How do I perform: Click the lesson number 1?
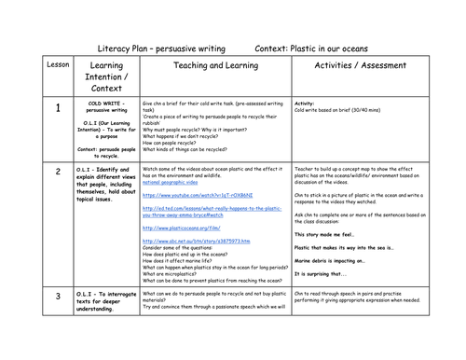[x=57, y=110]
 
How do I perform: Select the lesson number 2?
[x=57, y=171]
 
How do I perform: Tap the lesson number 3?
[x=57, y=322]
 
